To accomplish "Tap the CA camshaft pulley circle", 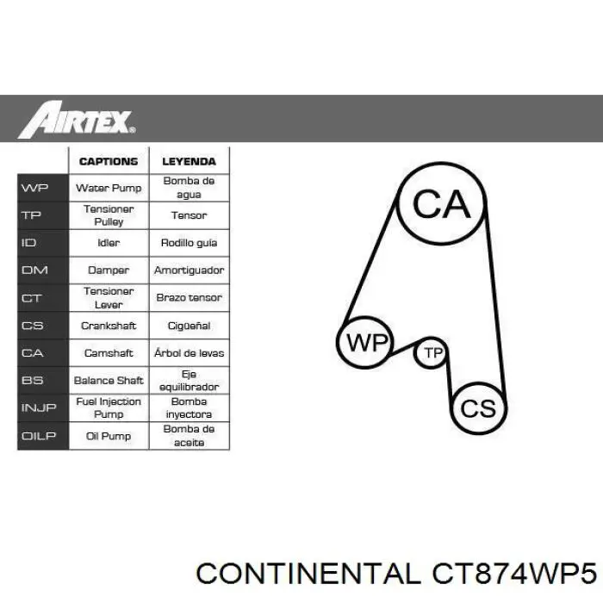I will click(x=440, y=205).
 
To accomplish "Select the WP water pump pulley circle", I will click(x=366, y=343).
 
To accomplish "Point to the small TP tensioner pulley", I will click(x=432, y=353).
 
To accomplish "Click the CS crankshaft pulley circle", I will click(x=478, y=407).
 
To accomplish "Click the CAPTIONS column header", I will click(x=109, y=161).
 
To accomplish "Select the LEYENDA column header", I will click(x=189, y=161).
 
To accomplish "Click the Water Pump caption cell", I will click(x=109, y=188).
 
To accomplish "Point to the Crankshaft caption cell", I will click(x=109, y=326).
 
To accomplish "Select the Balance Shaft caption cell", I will click(x=109, y=380).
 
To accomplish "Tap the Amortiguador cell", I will click(x=189, y=270).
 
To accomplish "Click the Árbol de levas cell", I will click(x=189, y=353).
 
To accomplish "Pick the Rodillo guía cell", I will click(x=189, y=243).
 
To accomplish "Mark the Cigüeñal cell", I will click(x=189, y=326).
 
